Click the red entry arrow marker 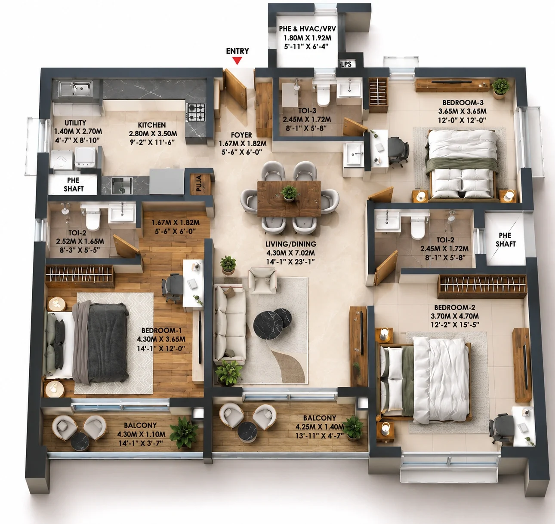(237, 61)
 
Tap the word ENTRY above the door (237, 51)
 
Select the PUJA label (199, 183)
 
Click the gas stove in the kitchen (196, 112)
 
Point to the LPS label (346, 64)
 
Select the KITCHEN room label (152, 125)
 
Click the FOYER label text (241, 135)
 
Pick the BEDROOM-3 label (463, 102)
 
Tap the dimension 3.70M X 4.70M (455, 316)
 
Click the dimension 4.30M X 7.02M (291, 253)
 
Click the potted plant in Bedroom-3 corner (500, 88)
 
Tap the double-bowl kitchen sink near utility (75, 89)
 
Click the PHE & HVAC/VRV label (308, 29)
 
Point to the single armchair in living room (262, 280)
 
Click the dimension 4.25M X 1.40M (320, 426)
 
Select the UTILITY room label (75, 123)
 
